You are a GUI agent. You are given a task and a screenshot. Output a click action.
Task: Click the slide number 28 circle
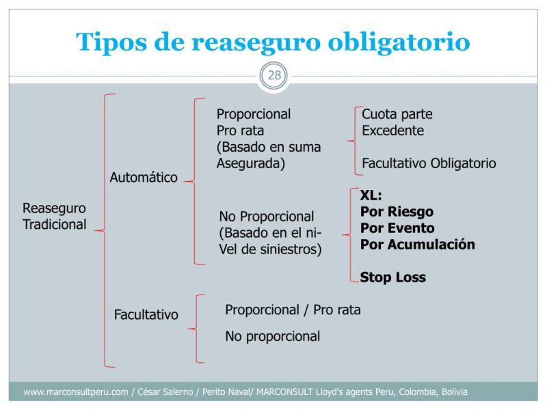click(x=273, y=75)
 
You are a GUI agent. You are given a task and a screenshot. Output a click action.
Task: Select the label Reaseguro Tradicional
click(x=55, y=216)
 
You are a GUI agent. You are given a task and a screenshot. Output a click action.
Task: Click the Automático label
click(x=144, y=178)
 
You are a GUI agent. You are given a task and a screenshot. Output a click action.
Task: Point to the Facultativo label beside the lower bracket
click(x=146, y=315)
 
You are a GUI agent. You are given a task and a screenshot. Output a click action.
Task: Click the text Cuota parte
click(x=397, y=114)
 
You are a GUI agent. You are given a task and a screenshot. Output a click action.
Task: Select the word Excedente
click(x=393, y=131)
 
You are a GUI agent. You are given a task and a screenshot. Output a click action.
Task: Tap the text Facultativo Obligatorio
click(x=429, y=163)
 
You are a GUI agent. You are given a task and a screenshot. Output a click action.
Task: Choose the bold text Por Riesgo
click(x=397, y=212)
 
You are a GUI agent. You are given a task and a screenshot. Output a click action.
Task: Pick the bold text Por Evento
click(x=397, y=228)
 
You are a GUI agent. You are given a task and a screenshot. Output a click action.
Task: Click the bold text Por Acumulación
click(x=417, y=245)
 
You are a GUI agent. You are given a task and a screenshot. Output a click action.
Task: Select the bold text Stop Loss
click(x=392, y=277)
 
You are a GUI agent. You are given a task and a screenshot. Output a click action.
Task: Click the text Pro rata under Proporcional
click(x=240, y=131)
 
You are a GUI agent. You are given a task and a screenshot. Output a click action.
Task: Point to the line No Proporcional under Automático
click(x=266, y=217)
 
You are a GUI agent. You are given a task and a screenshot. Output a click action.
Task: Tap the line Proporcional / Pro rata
click(x=293, y=310)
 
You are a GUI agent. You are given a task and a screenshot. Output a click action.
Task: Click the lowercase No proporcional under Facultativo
click(x=272, y=336)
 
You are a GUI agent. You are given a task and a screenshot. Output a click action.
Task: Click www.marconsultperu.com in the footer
click(x=76, y=392)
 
